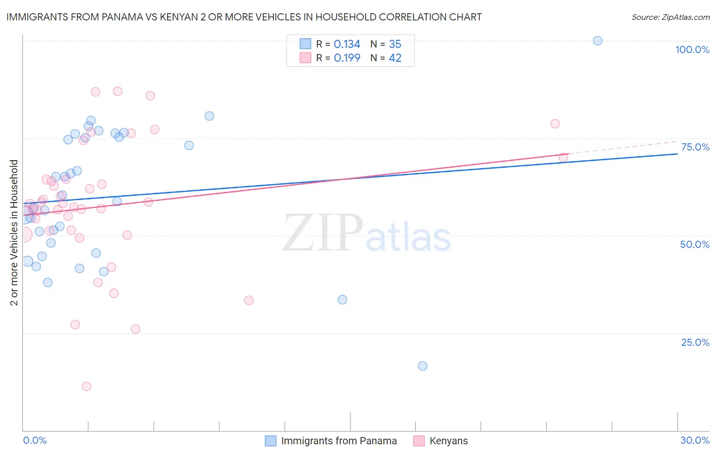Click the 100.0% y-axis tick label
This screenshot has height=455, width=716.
pyautogui.click(x=692, y=49)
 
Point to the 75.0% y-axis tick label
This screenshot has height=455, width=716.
pyautogui.click(x=695, y=147)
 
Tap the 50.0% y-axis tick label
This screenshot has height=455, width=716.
pyautogui.click(x=695, y=244)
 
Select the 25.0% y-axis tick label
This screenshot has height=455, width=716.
pyautogui.click(x=695, y=342)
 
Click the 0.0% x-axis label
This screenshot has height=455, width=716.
pyautogui.click(x=35, y=440)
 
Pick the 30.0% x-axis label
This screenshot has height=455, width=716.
pyautogui.click(x=695, y=440)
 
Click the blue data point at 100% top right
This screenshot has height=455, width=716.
pyautogui.click(x=598, y=41)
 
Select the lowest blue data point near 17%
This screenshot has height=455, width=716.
pyautogui.click(x=423, y=366)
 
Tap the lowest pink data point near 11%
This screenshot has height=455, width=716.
pyautogui.click(x=87, y=386)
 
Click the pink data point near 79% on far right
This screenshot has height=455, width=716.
pyautogui.click(x=555, y=123)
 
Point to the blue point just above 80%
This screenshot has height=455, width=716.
pyautogui.click(x=209, y=116)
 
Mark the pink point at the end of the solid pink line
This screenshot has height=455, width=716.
pyautogui.click(x=563, y=158)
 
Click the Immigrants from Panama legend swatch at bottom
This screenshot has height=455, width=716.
pyautogui.click(x=271, y=441)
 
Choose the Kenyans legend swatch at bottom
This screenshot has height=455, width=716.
pyautogui.click(x=419, y=441)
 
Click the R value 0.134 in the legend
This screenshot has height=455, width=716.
pyautogui.click(x=347, y=44)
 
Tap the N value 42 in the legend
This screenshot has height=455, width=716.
pyautogui.click(x=395, y=58)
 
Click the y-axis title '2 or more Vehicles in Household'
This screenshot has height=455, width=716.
pyautogui.click(x=14, y=233)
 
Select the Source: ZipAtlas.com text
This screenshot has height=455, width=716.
pyautogui.click(x=670, y=17)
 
